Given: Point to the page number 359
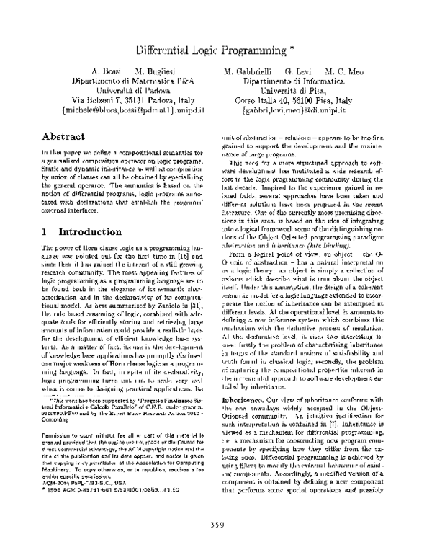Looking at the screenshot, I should pos(215,523).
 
